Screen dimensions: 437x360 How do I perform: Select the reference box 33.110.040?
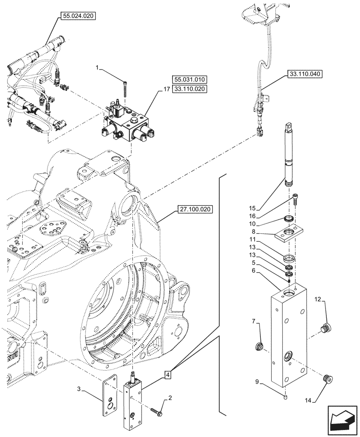tap(305, 74)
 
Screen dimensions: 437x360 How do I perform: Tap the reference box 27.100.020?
tap(194, 209)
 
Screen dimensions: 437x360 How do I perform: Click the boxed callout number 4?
tap(168, 374)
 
